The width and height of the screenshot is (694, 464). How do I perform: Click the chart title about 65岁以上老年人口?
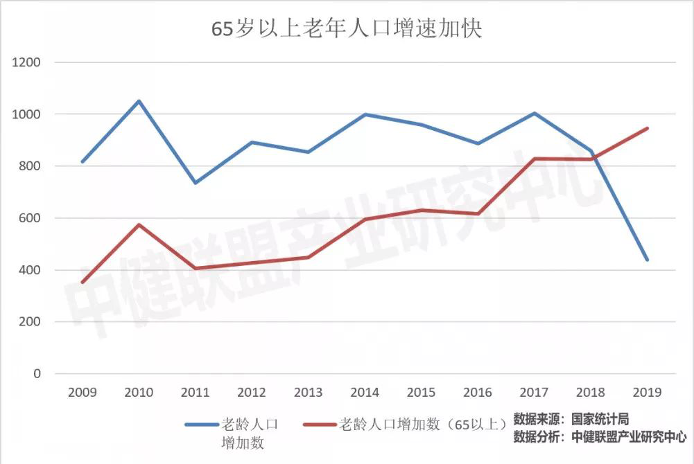tap(346, 30)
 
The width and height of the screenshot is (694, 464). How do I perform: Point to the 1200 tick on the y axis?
tap(27, 62)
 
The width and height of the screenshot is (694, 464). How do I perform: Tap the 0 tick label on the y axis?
tap(37, 374)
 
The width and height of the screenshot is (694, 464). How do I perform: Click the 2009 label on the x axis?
tap(82, 393)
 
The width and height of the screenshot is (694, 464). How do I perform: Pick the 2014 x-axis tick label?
tap(365, 393)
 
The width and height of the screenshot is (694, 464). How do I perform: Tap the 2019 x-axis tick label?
tap(647, 393)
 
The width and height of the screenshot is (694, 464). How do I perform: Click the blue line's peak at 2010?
tap(139, 101)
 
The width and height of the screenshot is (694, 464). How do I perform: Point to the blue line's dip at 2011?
tap(195, 183)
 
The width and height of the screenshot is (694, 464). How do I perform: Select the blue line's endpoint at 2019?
tap(647, 260)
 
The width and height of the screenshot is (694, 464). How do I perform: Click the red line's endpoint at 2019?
tap(647, 128)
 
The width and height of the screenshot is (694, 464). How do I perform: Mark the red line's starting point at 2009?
tap(82, 283)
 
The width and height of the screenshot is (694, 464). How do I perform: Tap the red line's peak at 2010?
tap(139, 224)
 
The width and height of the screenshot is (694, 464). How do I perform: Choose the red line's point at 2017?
tap(534, 159)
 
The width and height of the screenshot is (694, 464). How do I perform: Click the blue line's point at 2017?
tap(534, 113)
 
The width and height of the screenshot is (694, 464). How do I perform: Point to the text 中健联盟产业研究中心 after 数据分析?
tap(630, 437)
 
